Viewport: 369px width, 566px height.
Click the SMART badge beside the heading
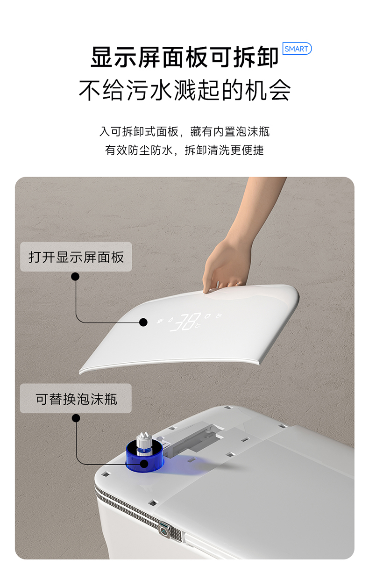coord(297,49)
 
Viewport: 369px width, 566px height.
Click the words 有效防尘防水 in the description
coord(139,150)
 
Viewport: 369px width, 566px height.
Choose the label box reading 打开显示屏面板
coord(76,257)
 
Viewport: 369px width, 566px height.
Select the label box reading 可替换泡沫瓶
coord(76,399)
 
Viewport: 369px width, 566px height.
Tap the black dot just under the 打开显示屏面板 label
coord(75,277)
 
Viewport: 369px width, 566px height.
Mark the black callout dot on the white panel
coord(143,322)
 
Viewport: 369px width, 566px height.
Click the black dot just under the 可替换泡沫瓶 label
coord(76,418)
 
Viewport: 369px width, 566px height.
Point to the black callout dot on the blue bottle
coord(143,464)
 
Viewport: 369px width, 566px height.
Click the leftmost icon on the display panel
coord(161,321)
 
